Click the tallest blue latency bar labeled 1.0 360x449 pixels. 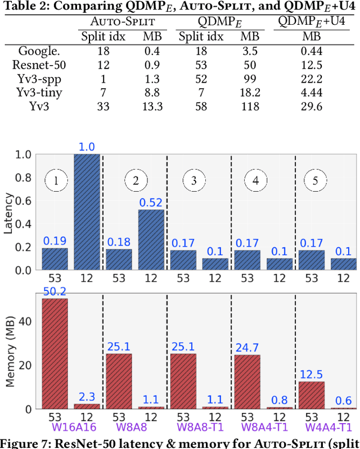pos(87,212)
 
